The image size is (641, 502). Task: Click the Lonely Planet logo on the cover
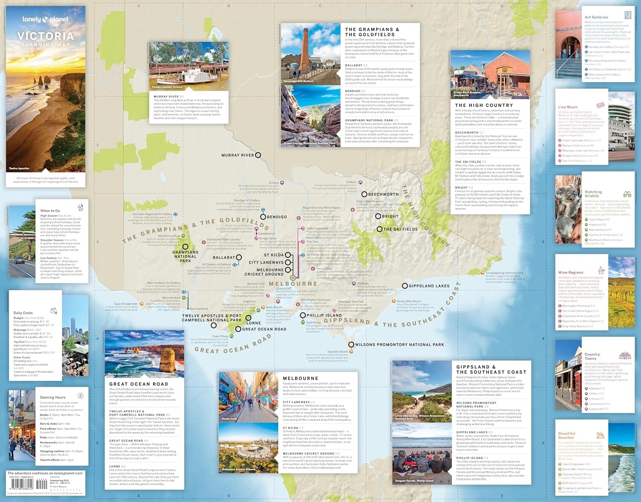click(x=45, y=19)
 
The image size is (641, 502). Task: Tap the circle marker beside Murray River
click(x=258, y=155)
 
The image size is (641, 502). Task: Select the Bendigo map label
click(x=277, y=217)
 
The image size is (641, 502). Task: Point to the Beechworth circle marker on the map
click(x=365, y=194)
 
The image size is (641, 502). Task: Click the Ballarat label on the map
click(x=223, y=257)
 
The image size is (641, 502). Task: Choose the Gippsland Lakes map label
click(x=429, y=286)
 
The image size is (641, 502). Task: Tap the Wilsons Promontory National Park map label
click(x=400, y=344)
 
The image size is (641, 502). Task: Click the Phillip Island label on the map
click(x=324, y=315)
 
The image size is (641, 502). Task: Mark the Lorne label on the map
click(x=253, y=323)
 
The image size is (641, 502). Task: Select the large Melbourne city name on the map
click(x=293, y=283)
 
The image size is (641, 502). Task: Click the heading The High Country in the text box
click(x=484, y=105)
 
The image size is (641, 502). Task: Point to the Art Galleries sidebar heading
click(x=596, y=17)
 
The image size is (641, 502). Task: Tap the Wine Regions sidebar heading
click(x=570, y=272)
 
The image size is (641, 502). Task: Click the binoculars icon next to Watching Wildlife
click(x=627, y=194)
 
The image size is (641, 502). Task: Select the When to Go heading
click(x=50, y=210)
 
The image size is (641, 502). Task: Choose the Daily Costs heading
click(x=23, y=313)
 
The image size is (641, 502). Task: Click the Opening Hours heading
click(x=53, y=397)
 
